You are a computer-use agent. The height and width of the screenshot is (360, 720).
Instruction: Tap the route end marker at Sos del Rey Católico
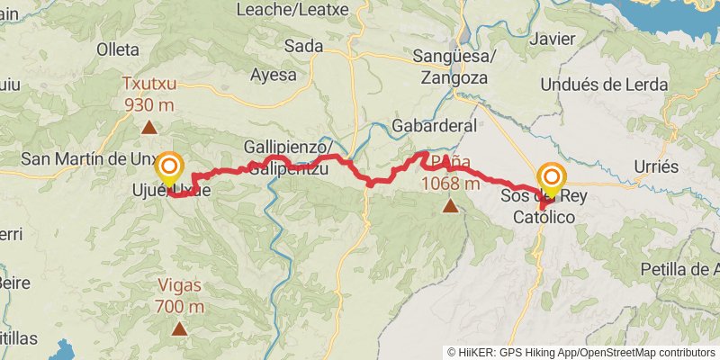point(551,177)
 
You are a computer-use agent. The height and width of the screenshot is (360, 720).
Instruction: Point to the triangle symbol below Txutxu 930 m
point(148,128)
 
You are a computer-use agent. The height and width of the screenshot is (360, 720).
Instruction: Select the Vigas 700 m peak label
point(180,296)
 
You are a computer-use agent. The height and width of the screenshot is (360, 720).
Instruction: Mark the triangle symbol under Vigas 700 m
point(180,328)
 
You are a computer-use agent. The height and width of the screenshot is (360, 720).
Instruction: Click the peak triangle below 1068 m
point(450,206)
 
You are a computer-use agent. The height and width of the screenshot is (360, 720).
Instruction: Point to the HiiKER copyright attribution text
point(580,352)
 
